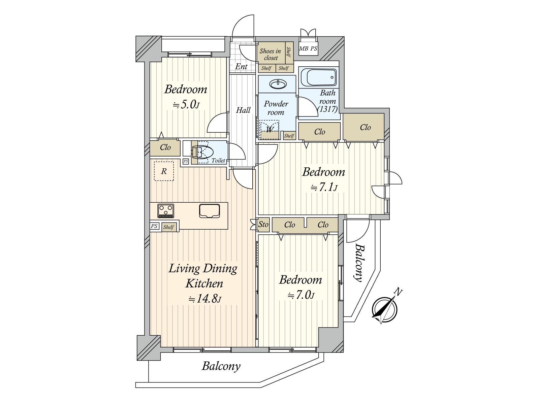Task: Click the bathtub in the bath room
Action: (318, 77)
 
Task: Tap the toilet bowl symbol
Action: (202, 153)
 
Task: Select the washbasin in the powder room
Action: (278, 84)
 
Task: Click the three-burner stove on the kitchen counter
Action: (166, 211)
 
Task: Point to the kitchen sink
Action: (210, 211)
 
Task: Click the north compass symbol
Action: (385, 309)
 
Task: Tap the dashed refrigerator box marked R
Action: (164, 171)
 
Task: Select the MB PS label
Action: (308, 48)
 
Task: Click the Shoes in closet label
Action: (271, 55)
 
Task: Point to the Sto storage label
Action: (263, 224)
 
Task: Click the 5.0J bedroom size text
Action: (186, 105)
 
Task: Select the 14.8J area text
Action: (205, 299)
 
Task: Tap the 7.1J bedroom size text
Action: (324, 188)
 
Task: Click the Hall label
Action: (243, 110)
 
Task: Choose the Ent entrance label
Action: (242, 66)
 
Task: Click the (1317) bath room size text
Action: (327, 109)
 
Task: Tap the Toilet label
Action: (218, 161)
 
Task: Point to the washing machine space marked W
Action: (269, 130)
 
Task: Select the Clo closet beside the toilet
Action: (165, 147)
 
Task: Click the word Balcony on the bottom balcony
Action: (221, 367)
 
